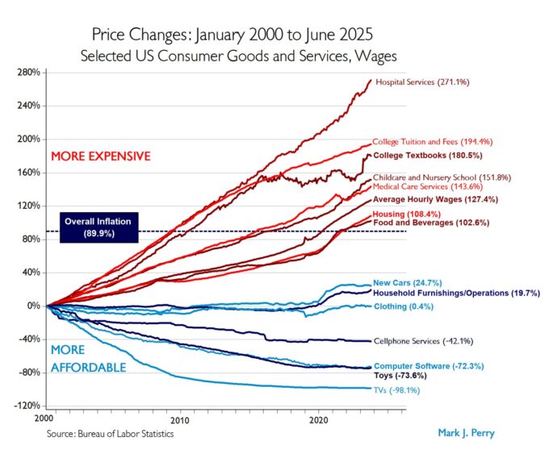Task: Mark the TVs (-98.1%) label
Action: [x=397, y=390]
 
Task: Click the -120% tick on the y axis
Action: [x=27, y=406]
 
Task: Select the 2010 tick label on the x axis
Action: [x=180, y=420]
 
